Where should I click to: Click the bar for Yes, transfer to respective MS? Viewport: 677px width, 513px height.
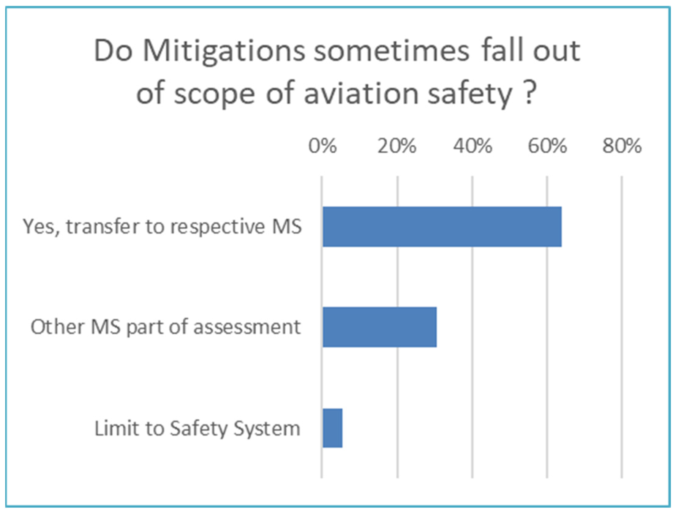click(442, 227)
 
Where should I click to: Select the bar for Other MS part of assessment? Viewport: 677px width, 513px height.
click(380, 327)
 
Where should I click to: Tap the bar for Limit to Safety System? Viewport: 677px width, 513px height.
click(333, 428)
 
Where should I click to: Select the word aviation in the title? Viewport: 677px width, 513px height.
click(361, 94)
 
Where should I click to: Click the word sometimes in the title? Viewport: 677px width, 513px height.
click(392, 51)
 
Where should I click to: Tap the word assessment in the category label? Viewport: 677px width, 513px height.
click(247, 327)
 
